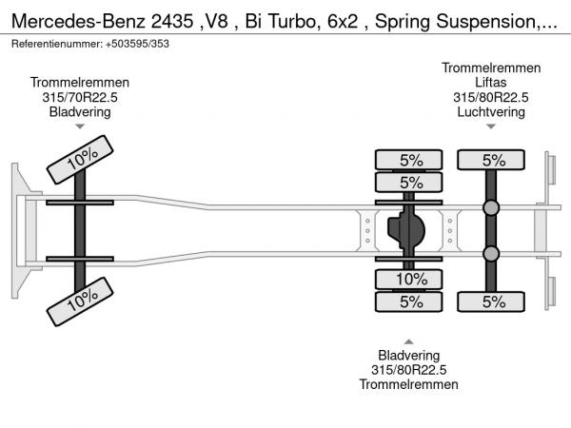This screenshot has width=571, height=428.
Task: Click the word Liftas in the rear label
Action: tap(492, 82)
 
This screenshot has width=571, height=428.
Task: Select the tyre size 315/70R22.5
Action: tap(79, 97)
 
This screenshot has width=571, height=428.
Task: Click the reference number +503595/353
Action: tap(129, 45)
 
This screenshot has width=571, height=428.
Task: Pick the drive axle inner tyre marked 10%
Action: tap(410, 279)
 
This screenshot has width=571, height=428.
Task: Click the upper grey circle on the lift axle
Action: tap(491, 207)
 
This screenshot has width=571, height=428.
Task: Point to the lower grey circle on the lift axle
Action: tap(491, 253)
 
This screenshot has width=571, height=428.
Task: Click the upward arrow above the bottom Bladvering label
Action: tap(409, 340)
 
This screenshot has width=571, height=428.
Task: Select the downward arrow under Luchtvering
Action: tap(492, 126)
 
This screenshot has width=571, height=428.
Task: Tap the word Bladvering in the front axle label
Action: tap(79, 111)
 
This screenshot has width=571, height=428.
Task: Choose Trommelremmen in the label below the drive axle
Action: tap(409, 384)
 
